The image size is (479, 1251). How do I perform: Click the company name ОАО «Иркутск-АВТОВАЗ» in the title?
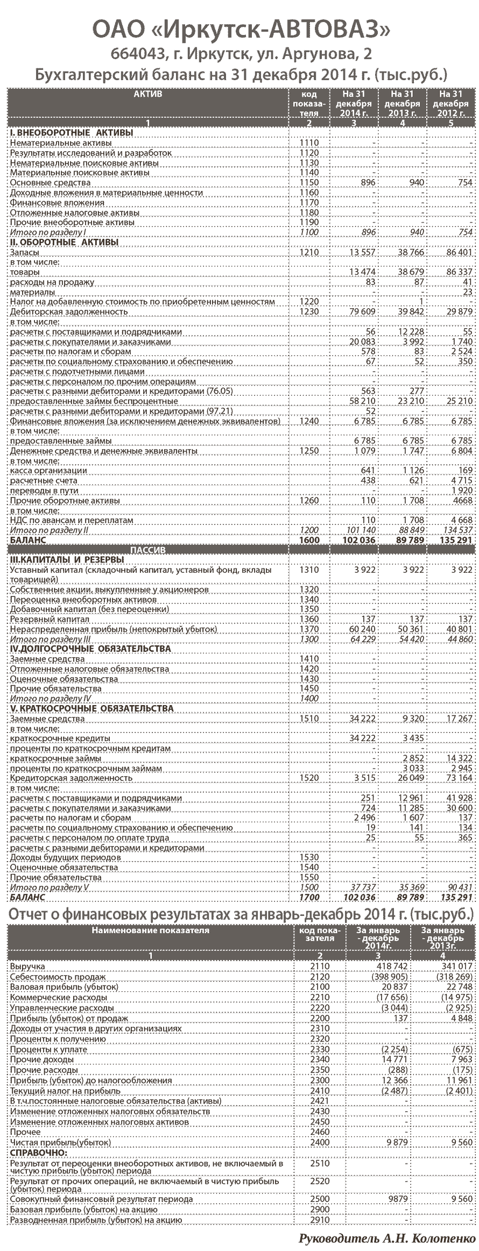[240, 31]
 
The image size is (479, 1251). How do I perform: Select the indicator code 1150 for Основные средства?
[309, 183]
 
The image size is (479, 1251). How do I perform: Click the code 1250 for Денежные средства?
[309, 451]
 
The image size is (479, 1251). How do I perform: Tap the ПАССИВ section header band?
[149, 550]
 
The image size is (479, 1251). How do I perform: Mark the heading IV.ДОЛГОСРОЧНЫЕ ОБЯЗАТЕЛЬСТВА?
[90, 649]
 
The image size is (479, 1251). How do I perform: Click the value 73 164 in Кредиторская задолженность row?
[458, 778]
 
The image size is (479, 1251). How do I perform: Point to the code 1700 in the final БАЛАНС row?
[309, 898]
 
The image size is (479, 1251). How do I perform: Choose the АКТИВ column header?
[148, 94]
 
